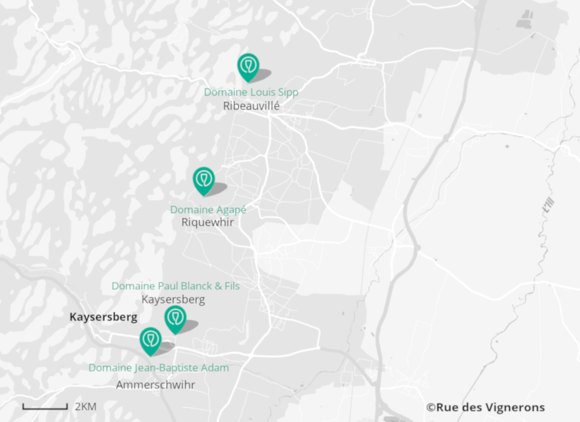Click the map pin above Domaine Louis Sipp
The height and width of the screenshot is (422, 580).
pyautogui.click(x=247, y=66)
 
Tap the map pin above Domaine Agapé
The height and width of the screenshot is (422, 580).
pyautogui.click(x=203, y=179)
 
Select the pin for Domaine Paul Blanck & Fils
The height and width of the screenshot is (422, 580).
pyautogui.click(x=175, y=318)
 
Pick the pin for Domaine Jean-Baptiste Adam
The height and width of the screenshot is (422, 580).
pyautogui.click(x=150, y=340)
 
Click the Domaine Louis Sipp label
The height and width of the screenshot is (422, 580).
pyautogui.click(x=251, y=92)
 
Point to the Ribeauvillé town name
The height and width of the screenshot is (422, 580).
pyautogui.click(x=251, y=106)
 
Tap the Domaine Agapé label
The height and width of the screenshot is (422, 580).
pyautogui.click(x=208, y=210)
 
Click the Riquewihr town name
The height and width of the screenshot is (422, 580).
pyautogui.click(x=207, y=222)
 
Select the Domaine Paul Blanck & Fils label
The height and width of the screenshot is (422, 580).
pyautogui.click(x=176, y=286)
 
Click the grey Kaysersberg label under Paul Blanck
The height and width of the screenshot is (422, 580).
pyautogui.click(x=173, y=299)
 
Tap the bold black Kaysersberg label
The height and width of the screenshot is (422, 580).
pyautogui.click(x=103, y=317)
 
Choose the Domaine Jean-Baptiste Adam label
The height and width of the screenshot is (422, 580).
pyautogui.click(x=159, y=368)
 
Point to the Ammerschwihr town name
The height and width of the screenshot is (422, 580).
pyautogui.click(x=155, y=385)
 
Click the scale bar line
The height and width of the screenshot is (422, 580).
pyautogui.click(x=45, y=406)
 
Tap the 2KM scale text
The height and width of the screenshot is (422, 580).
pyautogui.click(x=86, y=406)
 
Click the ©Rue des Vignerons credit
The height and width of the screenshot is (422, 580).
pyautogui.click(x=485, y=407)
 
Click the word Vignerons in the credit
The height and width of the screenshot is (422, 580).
pyautogui.click(x=516, y=407)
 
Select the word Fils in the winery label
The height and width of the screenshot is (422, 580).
pyautogui.click(x=230, y=286)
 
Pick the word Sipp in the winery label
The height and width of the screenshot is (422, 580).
pyautogui.click(x=288, y=92)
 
